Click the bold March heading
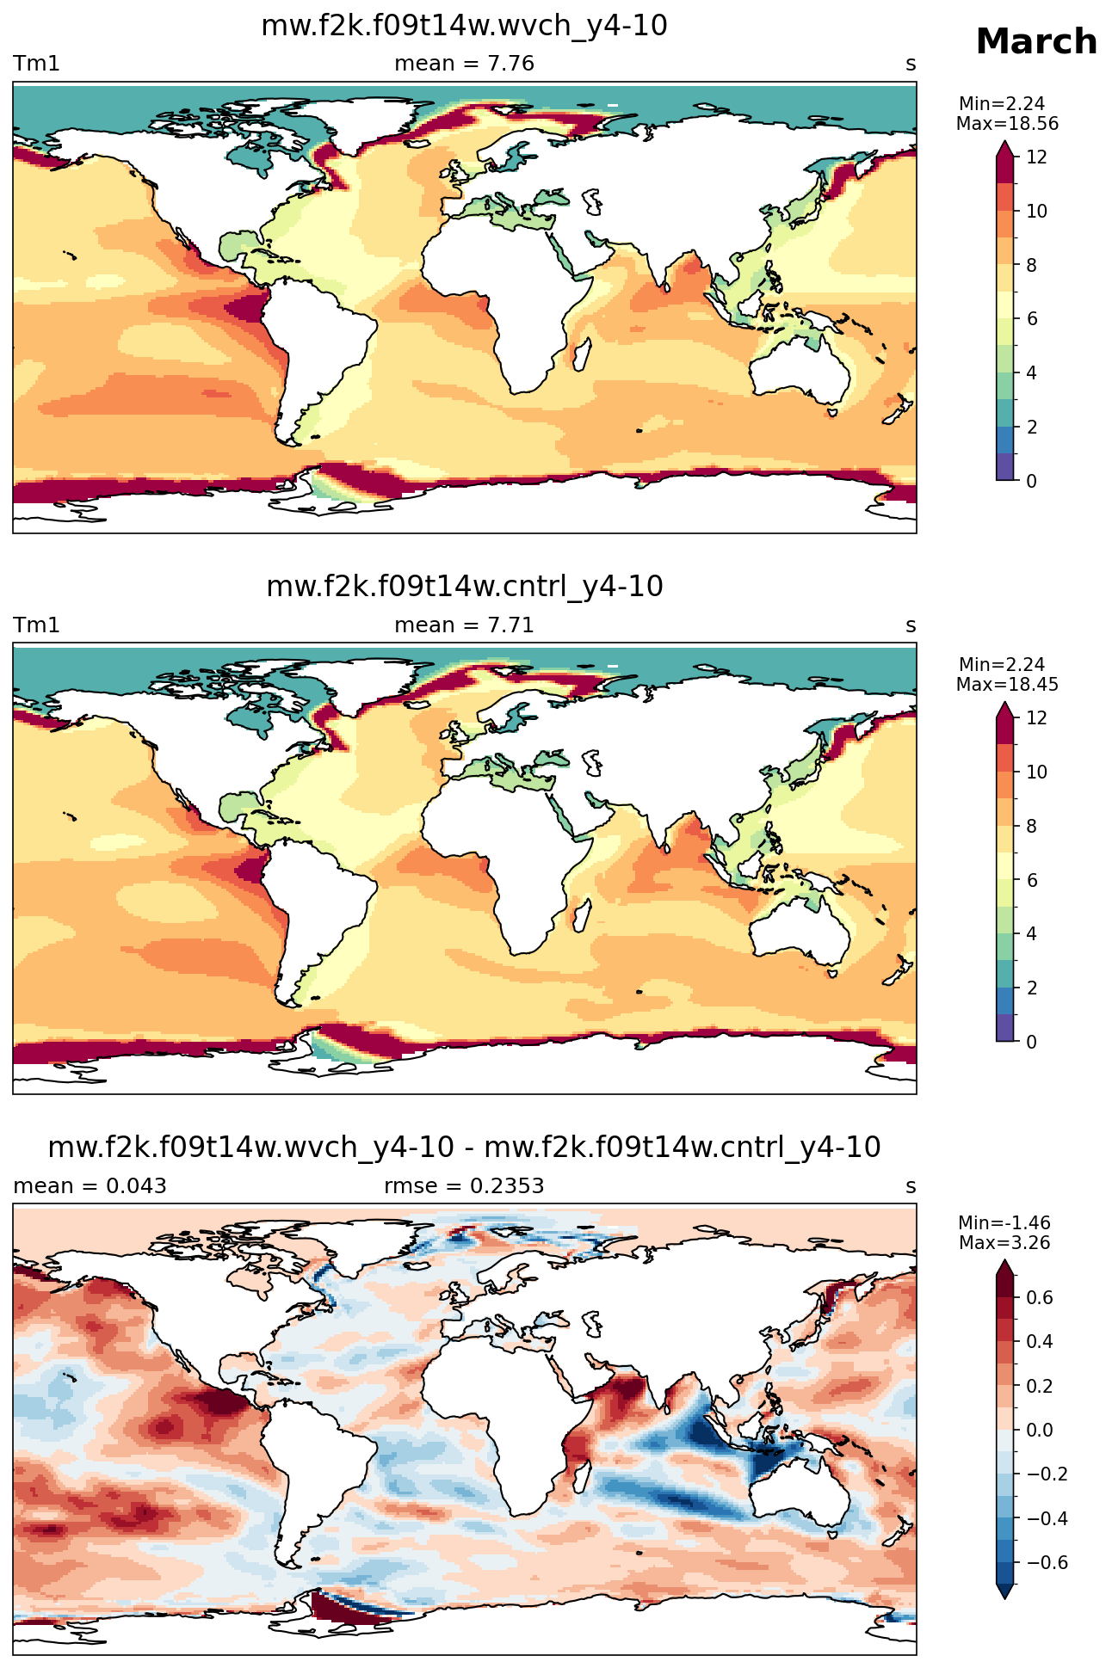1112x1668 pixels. coord(1036,42)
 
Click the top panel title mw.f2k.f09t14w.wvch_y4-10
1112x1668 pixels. coord(464,26)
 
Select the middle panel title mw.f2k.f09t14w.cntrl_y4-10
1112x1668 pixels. coord(465,587)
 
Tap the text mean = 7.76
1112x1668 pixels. coord(464,64)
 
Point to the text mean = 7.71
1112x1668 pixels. coord(464,625)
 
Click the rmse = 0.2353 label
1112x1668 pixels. coord(464,1186)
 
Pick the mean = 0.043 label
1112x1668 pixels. coord(90,1186)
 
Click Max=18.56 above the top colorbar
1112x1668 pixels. coord(1007,124)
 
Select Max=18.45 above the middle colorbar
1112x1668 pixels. coord(1007,685)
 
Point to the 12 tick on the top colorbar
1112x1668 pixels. coord(1037,157)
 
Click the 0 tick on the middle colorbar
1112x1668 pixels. coord(1032,1042)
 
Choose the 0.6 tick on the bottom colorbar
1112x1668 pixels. coord(1041,1298)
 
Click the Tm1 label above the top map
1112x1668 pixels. coord(36,64)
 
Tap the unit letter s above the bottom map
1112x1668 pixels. coord(911,1186)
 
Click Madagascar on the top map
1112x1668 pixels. coord(584,353)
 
